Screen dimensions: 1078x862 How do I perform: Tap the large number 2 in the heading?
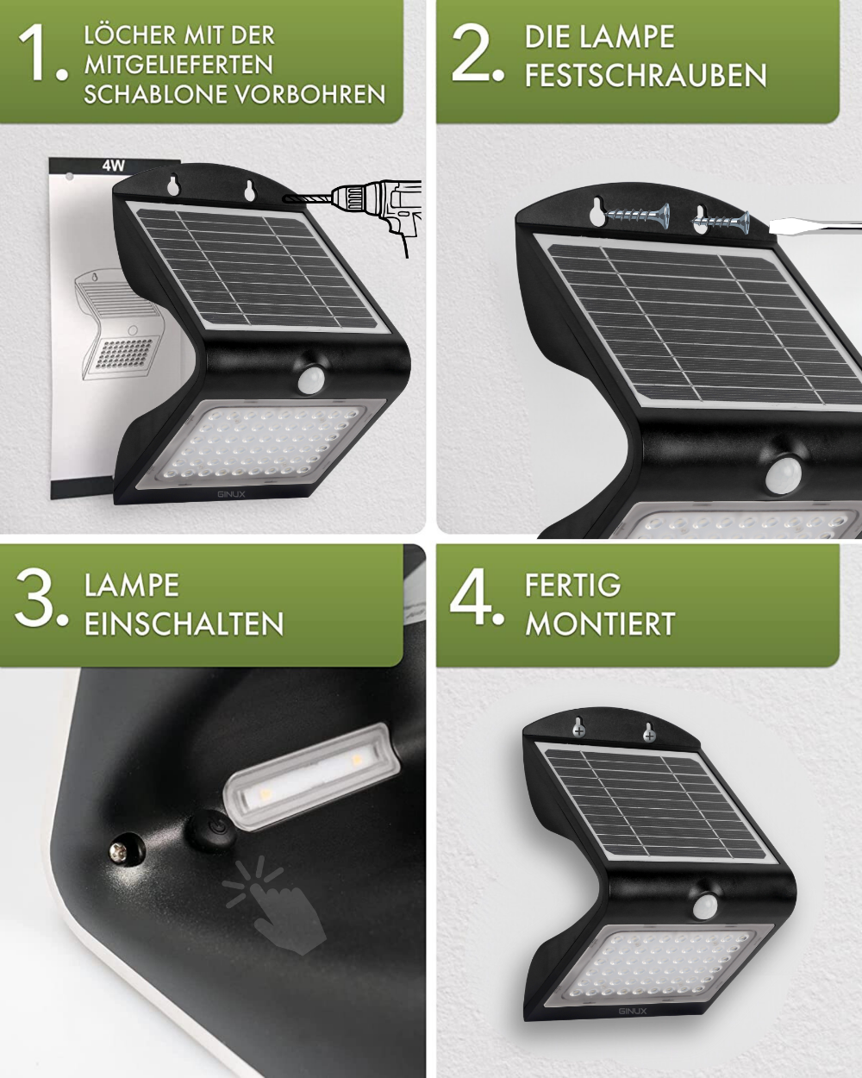click(474, 56)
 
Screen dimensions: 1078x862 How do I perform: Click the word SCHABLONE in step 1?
click(156, 94)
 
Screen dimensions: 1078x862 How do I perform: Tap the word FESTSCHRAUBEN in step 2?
click(646, 76)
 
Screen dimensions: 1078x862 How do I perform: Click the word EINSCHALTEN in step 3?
click(184, 624)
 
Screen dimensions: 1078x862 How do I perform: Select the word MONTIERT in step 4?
click(600, 624)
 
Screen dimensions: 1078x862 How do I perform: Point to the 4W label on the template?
click(114, 166)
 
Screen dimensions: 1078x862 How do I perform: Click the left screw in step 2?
click(636, 216)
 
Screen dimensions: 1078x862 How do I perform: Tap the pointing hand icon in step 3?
click(276, 914)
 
